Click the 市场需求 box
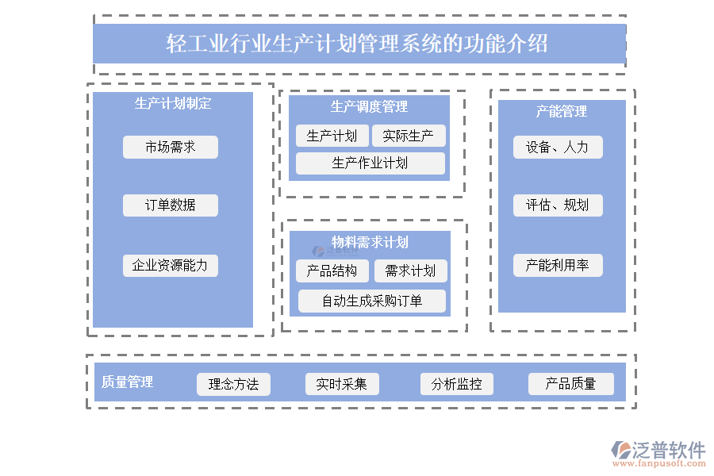click(x=170, y=147)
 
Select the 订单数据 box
click(x=170, y=205)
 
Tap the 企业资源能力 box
click(x=170, y=265)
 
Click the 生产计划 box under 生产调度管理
click(x=332, y=136)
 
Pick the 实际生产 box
click(x=408, y=136)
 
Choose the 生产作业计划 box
click(x=370, y=163)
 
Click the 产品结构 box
click(x=332, y=271)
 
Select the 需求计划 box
click(x=410, y=271)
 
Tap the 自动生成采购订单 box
click(x=371, y=301)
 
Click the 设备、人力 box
click(x=557, y=147)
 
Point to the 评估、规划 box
click(x=557, y=205)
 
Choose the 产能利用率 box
click(x=557, y=265)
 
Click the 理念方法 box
click(x=233, y=384)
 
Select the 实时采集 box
click(x=341, y=384)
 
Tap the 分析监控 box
click(x=456, y=384)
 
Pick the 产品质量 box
click(x=570, y=384)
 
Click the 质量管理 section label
click(x=128, y=382)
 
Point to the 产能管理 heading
click(x=561, y=112)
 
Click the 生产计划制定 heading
click(x=173, y=103)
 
